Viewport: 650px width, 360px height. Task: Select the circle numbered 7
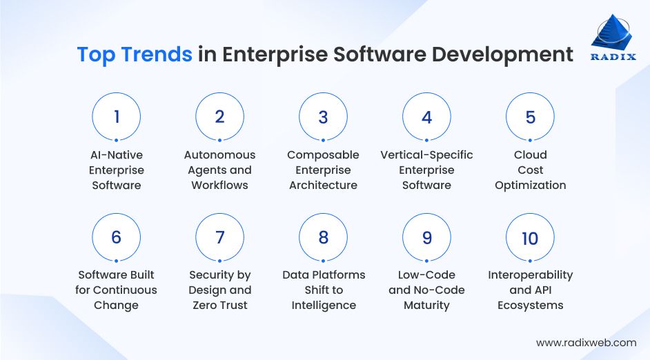tap(219, 237)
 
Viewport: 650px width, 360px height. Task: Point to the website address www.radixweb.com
tap(586, 342)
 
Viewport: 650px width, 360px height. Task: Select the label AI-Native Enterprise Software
tap(116, 170)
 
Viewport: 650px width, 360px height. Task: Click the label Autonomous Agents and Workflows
tap(219, 170)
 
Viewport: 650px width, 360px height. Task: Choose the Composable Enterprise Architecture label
tap(323, 170)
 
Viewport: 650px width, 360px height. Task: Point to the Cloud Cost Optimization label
tap(530, 170)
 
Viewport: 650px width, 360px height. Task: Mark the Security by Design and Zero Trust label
tap(219, 290)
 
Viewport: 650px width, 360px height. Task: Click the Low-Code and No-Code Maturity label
tap(426, 290)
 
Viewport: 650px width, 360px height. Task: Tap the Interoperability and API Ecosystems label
tap(530, 290)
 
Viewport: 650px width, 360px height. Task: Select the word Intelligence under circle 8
tap(324, 305)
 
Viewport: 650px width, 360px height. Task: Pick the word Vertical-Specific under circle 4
tap(426, 154)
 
